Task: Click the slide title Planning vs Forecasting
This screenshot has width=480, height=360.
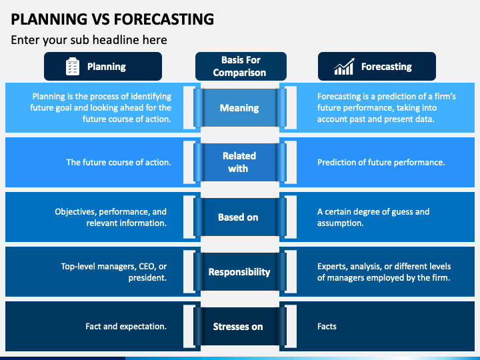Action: tap(113, 18)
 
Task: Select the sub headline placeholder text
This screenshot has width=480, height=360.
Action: tap(89, 40)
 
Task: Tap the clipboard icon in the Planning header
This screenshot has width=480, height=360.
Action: tap(73, 67)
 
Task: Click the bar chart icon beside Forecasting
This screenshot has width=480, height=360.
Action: tap(344, 67)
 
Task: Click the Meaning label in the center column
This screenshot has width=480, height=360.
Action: tap(239, 108)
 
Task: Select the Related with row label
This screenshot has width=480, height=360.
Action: tap(239, 162)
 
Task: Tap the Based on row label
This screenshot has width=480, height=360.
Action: tap(238, 217)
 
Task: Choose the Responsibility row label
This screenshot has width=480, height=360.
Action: tap(239, 272)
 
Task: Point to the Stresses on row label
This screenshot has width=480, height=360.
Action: tap(238, 327)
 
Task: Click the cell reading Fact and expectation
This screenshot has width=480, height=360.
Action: tap(126, 327)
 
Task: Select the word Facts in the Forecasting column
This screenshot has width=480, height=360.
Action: tap(327, 327)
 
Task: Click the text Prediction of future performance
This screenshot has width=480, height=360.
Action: tap(381, 162)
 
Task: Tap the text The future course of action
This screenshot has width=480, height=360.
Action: tap(118, 162)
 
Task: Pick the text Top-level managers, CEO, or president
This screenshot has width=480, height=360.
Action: tap(113, 272)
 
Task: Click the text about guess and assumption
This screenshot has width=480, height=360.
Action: tap(373, 217)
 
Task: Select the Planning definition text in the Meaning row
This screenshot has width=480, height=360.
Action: tap(101, 108)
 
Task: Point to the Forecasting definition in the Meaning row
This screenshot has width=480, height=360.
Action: tap(386, 108)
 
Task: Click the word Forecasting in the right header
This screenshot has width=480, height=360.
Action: tap(386, 67)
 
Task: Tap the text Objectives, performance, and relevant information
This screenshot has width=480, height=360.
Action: tap(111, 217)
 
